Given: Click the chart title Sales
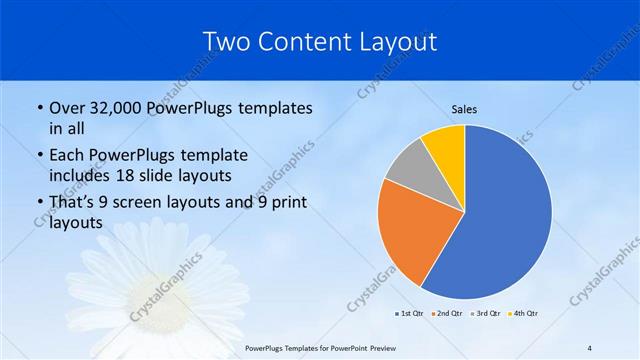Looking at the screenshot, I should [x=464, y=108].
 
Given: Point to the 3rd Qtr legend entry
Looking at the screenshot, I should [x=487, y=314].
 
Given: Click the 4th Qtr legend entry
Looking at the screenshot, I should [x=525, y=314].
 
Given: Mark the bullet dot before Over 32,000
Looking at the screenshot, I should [x=38, y=108].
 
